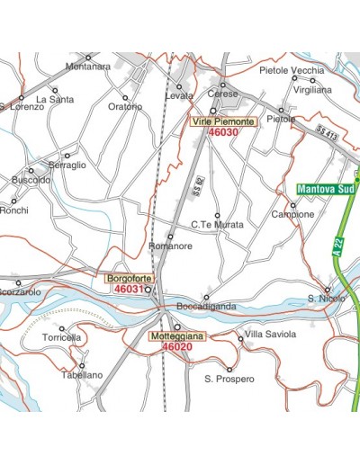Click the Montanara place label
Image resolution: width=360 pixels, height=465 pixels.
[x=88, y=66]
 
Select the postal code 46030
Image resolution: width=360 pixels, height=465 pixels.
[x=223, y=131]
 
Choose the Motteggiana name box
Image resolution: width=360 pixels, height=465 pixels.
[x=177, y=336]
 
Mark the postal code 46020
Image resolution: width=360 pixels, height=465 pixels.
[x=177, y=347]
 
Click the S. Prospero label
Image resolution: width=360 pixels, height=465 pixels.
[x=229, y=379]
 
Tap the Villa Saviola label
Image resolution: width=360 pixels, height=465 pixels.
[x=270, y=335]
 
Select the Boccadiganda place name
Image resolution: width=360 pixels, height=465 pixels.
[x=206, y=307]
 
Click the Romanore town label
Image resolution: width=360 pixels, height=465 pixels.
[x=170, y=246]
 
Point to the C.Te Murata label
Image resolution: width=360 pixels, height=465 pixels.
[x=217, y=225]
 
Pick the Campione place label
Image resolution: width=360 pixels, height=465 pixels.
[x=292, y=215]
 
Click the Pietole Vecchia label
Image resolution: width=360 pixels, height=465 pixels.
[x=291, y=70]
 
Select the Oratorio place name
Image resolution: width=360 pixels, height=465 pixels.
[x=125, y=106]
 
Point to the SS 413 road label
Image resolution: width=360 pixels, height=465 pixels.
[x=328, y=134]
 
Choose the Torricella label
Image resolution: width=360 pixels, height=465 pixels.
[x=61, y=337]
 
